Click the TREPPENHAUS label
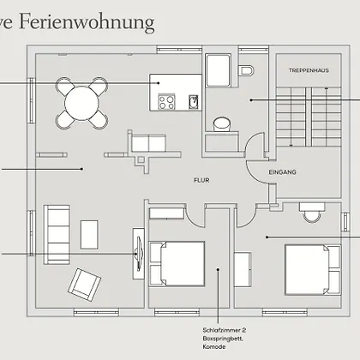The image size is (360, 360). point(309,70)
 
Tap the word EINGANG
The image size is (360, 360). point(282,172)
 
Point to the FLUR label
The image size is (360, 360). point(201,180)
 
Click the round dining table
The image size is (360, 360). point(81,104)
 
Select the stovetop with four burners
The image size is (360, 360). point(166,102)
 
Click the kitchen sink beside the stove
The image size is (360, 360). point(194,102)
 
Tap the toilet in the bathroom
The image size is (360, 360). point(246,70)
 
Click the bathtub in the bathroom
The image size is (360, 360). point(218,70)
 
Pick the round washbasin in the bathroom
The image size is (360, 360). point(222,124)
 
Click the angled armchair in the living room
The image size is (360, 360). point(84,285)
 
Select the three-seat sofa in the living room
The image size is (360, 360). point(57,234)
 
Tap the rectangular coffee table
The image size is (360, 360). point(89,235)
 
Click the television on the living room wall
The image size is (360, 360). point(139,254)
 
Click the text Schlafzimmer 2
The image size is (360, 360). point(225,330)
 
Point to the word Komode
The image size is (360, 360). point(214,347)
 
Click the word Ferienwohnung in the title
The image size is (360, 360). point(87,22)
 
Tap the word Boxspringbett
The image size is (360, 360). point(223,339)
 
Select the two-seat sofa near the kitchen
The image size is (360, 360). point(148,142)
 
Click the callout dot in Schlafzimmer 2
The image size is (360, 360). point(218,269)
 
